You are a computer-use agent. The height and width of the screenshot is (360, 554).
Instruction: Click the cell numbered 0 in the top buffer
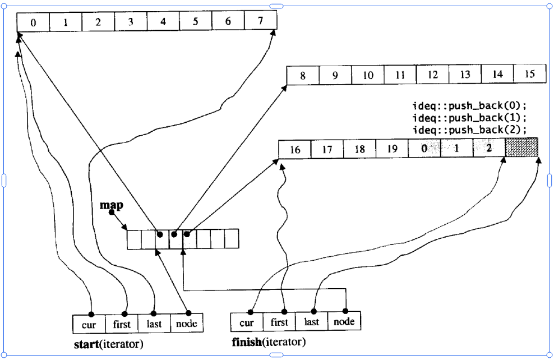[33, 23]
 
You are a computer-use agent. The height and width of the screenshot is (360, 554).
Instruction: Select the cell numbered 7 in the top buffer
[261, 22]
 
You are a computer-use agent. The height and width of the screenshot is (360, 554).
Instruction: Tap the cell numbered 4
[163, 23]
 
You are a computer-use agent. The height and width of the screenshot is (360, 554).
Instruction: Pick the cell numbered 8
[303, 76]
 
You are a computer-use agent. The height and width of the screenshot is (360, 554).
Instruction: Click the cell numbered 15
[530, 75]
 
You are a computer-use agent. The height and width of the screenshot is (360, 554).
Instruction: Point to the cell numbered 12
[432, 75]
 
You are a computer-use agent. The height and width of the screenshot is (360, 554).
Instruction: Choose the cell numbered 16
[295, 150]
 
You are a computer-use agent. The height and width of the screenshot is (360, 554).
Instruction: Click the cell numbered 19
[393, 149]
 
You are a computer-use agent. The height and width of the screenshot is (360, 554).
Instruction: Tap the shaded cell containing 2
[489, 149]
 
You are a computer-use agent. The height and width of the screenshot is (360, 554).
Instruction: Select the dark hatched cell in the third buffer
[521, 147]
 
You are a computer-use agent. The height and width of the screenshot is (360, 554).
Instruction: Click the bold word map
[111, 206]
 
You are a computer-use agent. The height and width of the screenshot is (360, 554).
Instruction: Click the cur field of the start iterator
[89, 324]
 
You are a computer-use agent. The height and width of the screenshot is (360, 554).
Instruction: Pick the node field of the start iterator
[186, 324]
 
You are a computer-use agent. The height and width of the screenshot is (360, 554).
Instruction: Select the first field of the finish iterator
[279, 322]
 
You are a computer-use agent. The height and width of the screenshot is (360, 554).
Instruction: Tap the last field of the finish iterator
[311, 322]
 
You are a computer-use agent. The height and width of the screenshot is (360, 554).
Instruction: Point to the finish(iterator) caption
[269, 341]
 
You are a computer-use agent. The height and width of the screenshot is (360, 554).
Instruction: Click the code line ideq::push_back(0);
[470, 107]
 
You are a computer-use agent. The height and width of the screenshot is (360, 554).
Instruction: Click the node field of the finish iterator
[344, 322]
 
